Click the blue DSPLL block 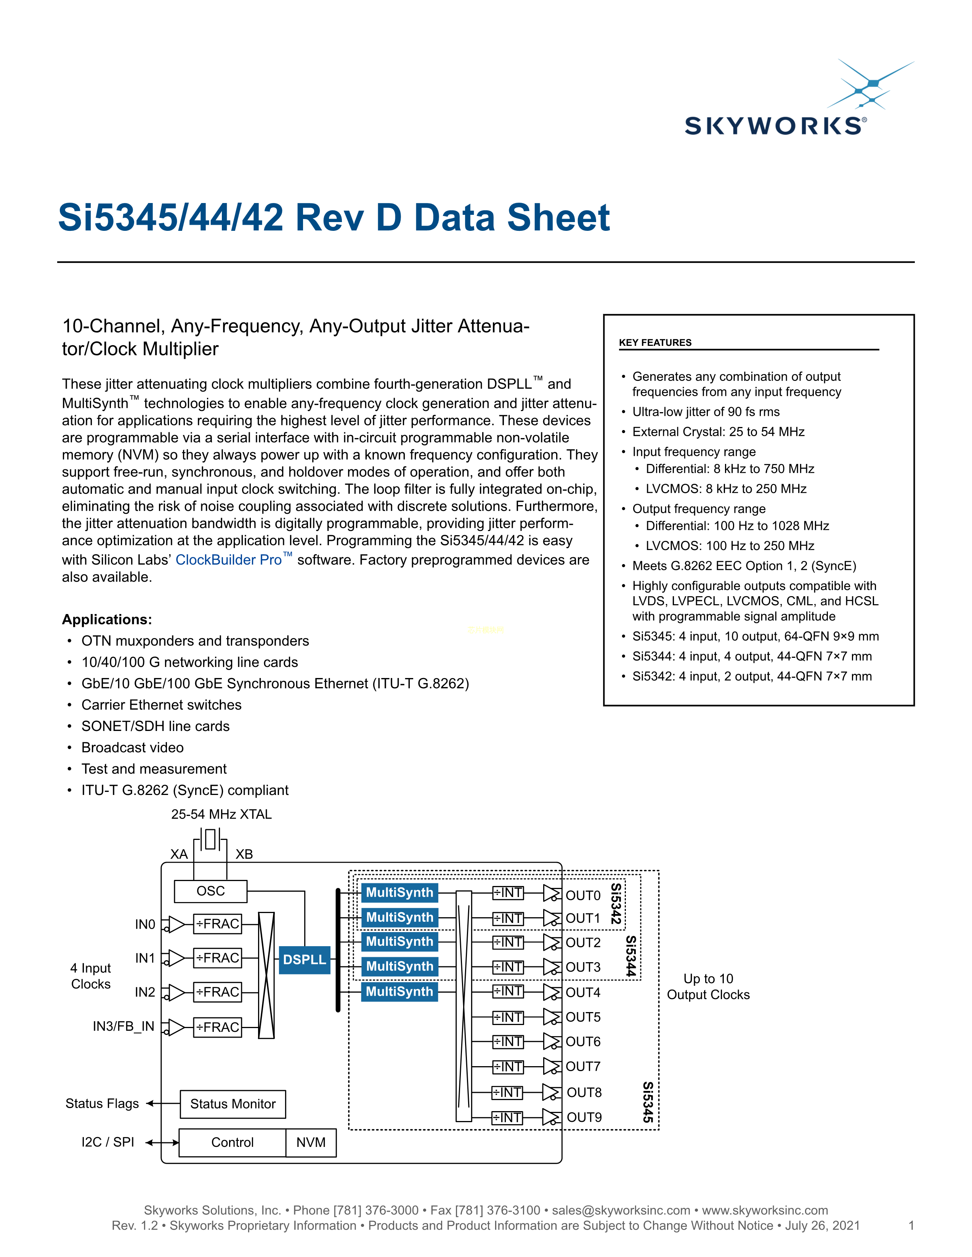pyautogui.click(x=304, y=960)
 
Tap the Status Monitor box pyautogui.click(x=233, y=1104)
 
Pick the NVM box pyautogui.click(x=311, y=1142)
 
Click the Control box pyautogui.click(x=232, y=1142)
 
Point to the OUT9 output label pyautogui.click(x=584, y=1118)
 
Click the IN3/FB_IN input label pyautogui.click(x=123, y=1026)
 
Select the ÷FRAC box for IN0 pyautogui.click(x=218, y=924)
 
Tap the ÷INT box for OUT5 pyautogui.click(x=507, y=1017)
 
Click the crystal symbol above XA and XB pyautogui.click(x=210, y=839)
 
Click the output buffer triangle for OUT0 pyautogui.click(x=552, y=893)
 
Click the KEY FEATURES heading pyautogui.click(x=655, y=342)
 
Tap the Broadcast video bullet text pyautogui.click(x=132, y=748)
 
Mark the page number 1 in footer pyautogui.click(x=911, y=1225)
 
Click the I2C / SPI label pyautogui.click(x=107, y=1142)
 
